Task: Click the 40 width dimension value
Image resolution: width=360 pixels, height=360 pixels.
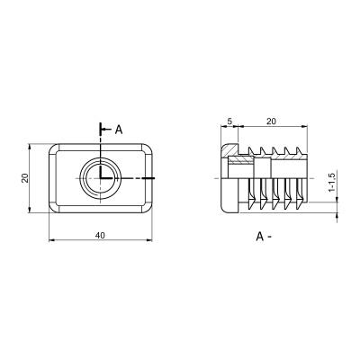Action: [100, 236]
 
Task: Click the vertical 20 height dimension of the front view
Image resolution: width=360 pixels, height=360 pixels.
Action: [25, 178]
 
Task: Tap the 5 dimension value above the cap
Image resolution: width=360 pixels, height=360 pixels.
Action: [229, 121]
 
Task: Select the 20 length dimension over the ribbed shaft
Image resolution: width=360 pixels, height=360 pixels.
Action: [271, 121]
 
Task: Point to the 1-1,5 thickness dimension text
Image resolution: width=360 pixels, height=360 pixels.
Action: [331, 183]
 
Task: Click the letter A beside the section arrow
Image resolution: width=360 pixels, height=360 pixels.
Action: [119, 130]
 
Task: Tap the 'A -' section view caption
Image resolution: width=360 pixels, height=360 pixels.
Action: [264, 237]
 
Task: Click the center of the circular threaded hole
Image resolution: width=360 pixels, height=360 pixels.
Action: [100, 178]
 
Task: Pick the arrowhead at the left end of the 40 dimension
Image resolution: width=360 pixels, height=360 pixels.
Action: [52, 240]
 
